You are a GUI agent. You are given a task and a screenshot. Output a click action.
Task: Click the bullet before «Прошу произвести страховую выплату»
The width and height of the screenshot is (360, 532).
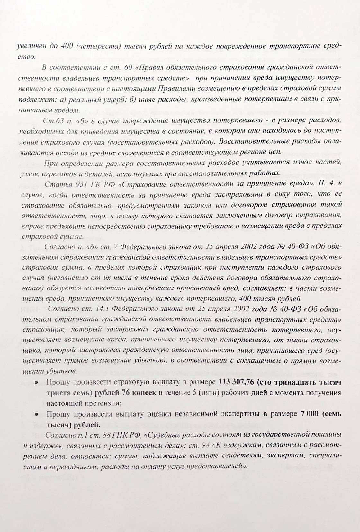click(x=36, y=383)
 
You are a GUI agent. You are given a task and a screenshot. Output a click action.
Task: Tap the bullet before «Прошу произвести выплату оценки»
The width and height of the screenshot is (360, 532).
click(x=36, y=414)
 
